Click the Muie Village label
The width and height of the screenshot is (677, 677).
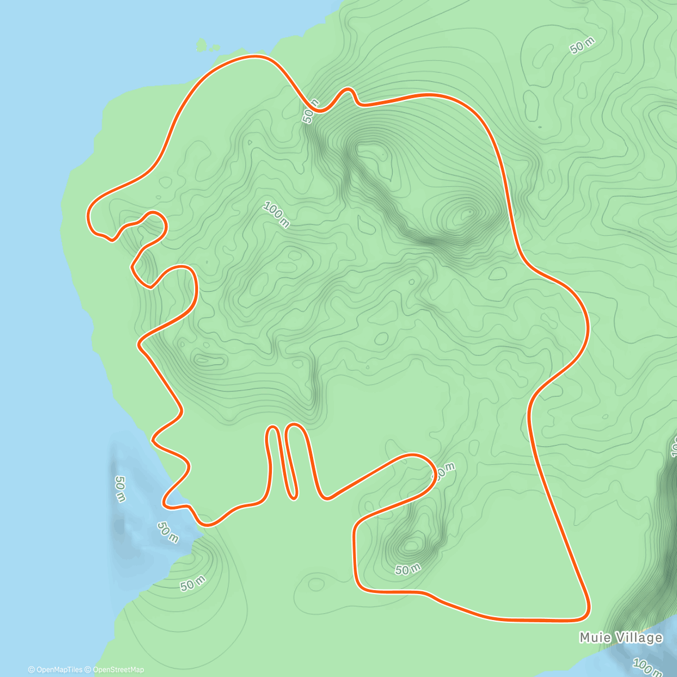(x=621, y=638)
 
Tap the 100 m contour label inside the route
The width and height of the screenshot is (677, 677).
(x=276, y=216)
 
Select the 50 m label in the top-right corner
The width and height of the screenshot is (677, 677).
(x=582, y=46)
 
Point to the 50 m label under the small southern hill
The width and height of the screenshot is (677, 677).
(x=407, y=569)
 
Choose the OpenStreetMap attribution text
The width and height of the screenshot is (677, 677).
(x=118, y=670)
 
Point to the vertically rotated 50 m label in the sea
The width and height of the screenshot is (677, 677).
(x=120, y=488)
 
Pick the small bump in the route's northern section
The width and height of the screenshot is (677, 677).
(x=348, y=90)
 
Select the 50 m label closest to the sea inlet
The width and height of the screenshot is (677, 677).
(x=168, y=531)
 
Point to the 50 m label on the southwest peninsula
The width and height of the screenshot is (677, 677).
(x=192, y=584)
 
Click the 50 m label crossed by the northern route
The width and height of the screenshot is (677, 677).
(x=311, y=110)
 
